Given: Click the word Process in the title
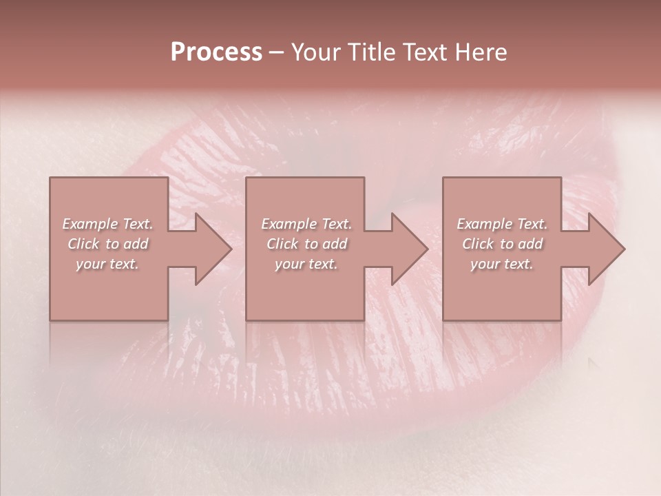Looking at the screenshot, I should [x=216, y=52].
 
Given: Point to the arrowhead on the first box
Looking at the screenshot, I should [x=211, y=249].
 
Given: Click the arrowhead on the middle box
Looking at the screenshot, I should [x=407, y=249].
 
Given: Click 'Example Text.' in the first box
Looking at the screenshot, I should [x=108, y=224].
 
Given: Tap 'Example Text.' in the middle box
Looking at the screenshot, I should [x=306, y=224].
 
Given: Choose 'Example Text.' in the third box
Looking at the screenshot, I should [x=502, y=224].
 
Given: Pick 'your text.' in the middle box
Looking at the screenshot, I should [x=306, y=264].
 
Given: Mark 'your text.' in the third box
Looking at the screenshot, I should [x=502, y=264].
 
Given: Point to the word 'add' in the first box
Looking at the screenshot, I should [x=136, y=244].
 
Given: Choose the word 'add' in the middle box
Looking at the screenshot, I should [x=335, y=244].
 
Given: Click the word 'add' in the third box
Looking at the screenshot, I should [x=531, y=244].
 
